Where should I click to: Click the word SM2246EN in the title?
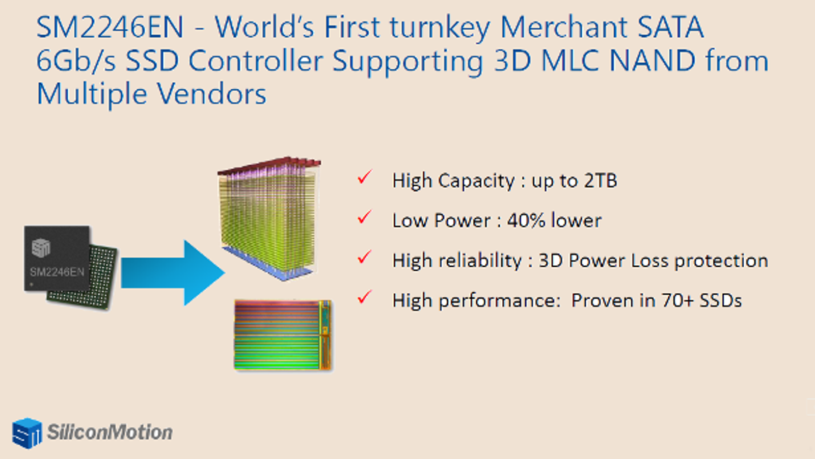(x=110, y=27)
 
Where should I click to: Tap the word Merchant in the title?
(x=563, y=27)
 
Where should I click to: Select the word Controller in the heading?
(x=255, y=61)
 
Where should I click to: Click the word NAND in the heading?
(x=653, y=61)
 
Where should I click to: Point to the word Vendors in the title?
(x=212, y=94)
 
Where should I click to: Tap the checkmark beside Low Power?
(x=365, y=217)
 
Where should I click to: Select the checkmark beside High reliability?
(x=365, y=257)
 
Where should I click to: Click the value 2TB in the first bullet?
(x=601, y=181)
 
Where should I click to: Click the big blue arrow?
(x=173, y=273)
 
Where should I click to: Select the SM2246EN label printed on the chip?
(x=57, y=272)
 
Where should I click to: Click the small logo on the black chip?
(x=41, y=248)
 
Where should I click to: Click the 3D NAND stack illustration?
(x=269, y=219)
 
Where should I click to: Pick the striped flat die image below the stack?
(x=283, y=335)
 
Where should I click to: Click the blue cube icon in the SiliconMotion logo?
(x=27, y=433)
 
